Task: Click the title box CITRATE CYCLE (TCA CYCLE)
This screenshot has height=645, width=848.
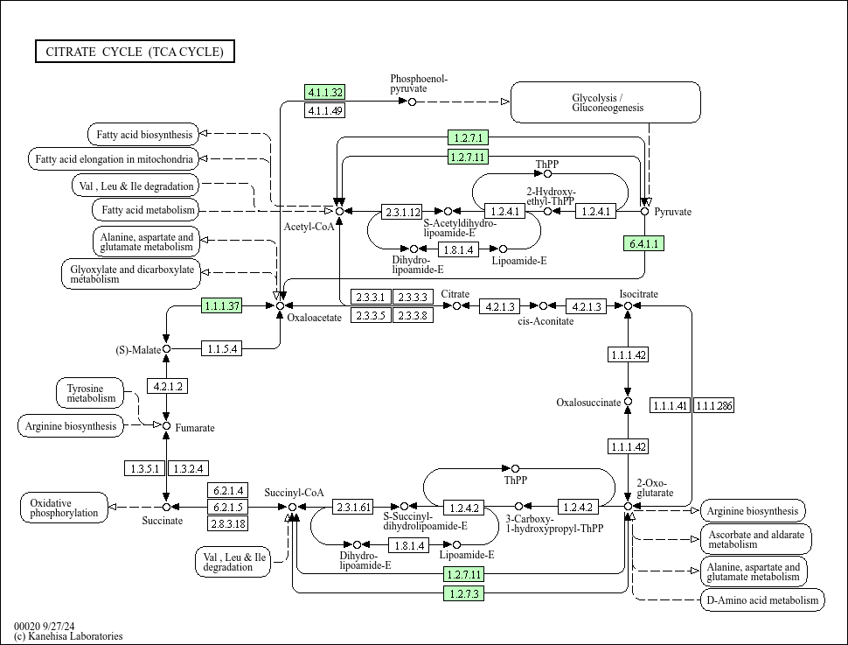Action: pos(135,52)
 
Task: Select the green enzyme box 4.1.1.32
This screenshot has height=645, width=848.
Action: pos(324,92)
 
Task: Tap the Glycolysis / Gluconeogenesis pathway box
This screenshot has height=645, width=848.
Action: pos(606,102)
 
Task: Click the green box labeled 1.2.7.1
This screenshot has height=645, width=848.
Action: pos(468,137)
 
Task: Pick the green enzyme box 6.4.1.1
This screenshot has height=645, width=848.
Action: pos(643,243)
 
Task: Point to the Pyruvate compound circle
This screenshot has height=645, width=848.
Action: pos(645,211)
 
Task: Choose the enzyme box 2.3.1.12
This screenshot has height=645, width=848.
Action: pos(402,212)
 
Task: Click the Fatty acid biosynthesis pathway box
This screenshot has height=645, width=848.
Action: pos(143,135)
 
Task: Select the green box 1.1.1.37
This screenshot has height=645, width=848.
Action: pos(221,305)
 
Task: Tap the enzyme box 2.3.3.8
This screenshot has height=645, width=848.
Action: pos(412,315)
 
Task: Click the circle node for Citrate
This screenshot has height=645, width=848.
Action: pos(455,305)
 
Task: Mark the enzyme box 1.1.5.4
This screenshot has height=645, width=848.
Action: pos(221,349)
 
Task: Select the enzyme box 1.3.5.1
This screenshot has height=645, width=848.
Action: pos(144,469)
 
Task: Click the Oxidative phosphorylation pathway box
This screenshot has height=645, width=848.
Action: pos(64,508)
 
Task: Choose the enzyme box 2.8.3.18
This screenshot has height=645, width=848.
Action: pos(227,523)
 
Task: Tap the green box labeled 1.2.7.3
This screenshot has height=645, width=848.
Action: pos(464,593)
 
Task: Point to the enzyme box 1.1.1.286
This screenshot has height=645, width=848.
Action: pos(714,405)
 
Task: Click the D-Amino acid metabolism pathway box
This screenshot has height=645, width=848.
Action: pos(761,599)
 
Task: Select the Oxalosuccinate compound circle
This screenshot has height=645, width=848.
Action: pos(628,403)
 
